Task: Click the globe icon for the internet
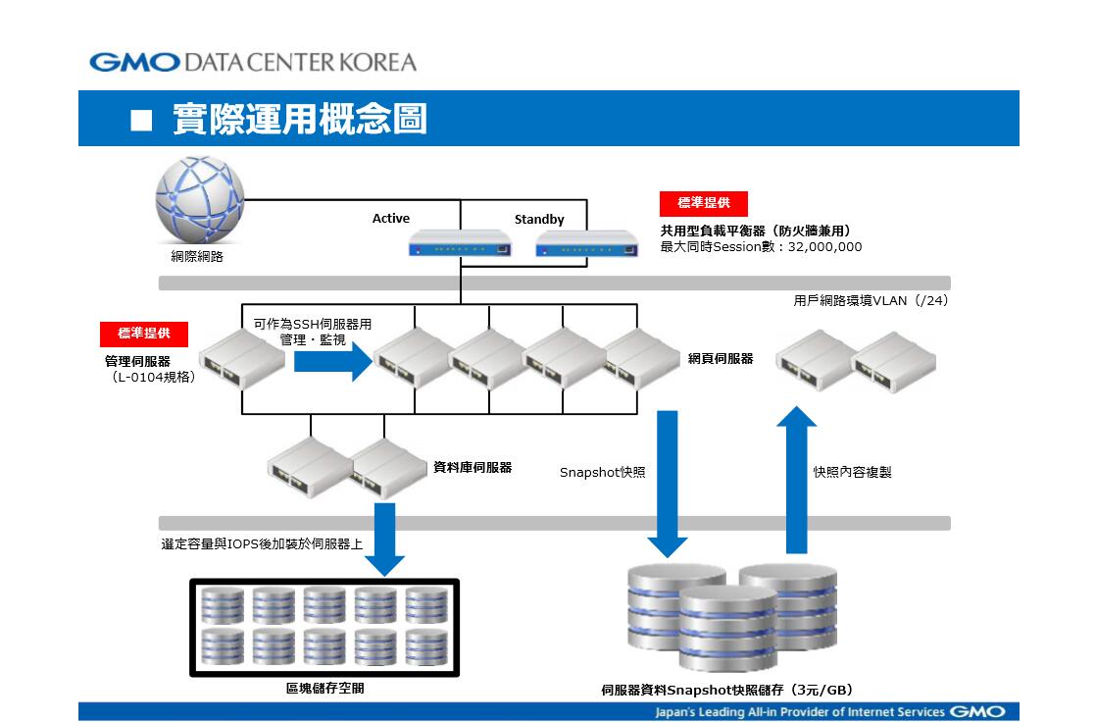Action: (200, 200)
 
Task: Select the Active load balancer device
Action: (460, 242)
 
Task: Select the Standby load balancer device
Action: (587, 242)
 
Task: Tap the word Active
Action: (391, 219)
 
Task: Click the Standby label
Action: (539, 219)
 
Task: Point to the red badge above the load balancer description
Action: (704, 203)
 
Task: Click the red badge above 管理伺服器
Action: (144, 334)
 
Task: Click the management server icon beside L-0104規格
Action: (242, 358)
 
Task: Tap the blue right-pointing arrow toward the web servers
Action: (332, 361)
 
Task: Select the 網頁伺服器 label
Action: (721, 359)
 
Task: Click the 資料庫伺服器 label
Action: (473, 467)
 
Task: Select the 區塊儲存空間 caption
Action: (325, 689)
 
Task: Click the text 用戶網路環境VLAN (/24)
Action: (871, 301)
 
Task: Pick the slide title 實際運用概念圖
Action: (300, 119)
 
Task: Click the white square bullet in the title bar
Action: (141, 121)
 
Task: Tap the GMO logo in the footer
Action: (978, 711)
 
